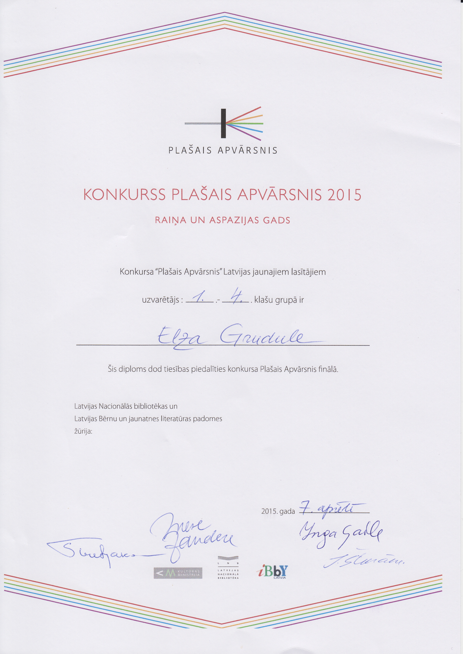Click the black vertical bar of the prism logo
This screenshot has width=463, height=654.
(223, 123)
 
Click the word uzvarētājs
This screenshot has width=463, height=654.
(161, 300)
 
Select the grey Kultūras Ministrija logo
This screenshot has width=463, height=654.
(178, 573)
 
